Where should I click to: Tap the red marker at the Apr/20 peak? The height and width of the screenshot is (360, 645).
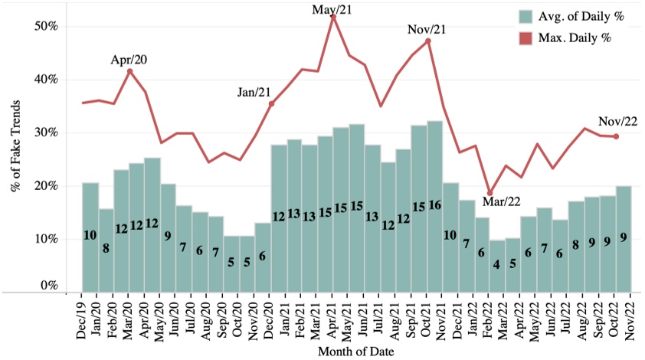(x=129, y=71)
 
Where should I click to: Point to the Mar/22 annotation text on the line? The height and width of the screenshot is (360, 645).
(x=500, y=202)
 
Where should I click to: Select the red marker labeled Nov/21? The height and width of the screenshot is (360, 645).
(x=427, y=41)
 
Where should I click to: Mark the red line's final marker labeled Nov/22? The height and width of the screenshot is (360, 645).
(x=616, y=136)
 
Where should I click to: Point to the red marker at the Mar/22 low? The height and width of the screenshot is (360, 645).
(x=489, y=193)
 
